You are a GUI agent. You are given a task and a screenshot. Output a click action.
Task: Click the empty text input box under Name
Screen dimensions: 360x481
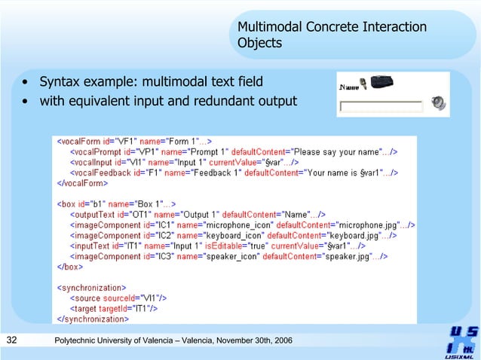point(381,107)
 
